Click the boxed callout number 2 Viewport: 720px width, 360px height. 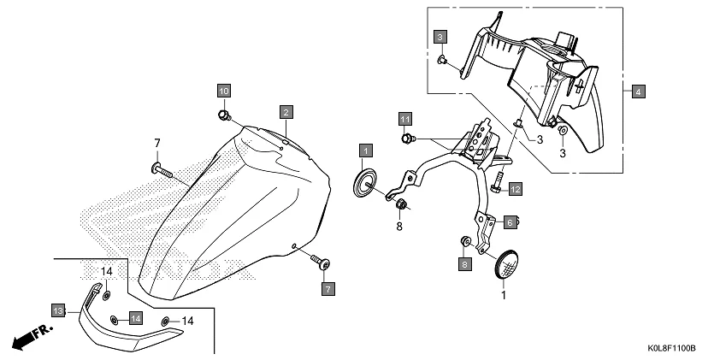pyautogui.click(x=286, y=111)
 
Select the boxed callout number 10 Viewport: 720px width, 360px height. pyautogui.click(x=222, y=91)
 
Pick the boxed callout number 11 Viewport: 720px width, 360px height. pyautogui.click(x=404, y=118)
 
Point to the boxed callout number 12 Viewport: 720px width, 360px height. pyautogui.click(x=516, y=187)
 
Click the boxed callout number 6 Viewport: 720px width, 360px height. pyautogui.click(x=509, y=222)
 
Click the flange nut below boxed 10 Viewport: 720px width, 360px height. pyautogui.click(x=223, y=114)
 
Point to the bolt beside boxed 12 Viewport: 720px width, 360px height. pyautogui.click(x=498, y=180)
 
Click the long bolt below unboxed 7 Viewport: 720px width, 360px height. pyautogui.click(x=162, y=169)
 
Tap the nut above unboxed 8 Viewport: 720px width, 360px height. pyautogui.click(x=400, y=204)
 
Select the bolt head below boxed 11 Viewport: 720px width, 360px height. pyautogui.click(x=407, y=139)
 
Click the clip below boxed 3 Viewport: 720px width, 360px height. pyautogui.click(x=441, y=61)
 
